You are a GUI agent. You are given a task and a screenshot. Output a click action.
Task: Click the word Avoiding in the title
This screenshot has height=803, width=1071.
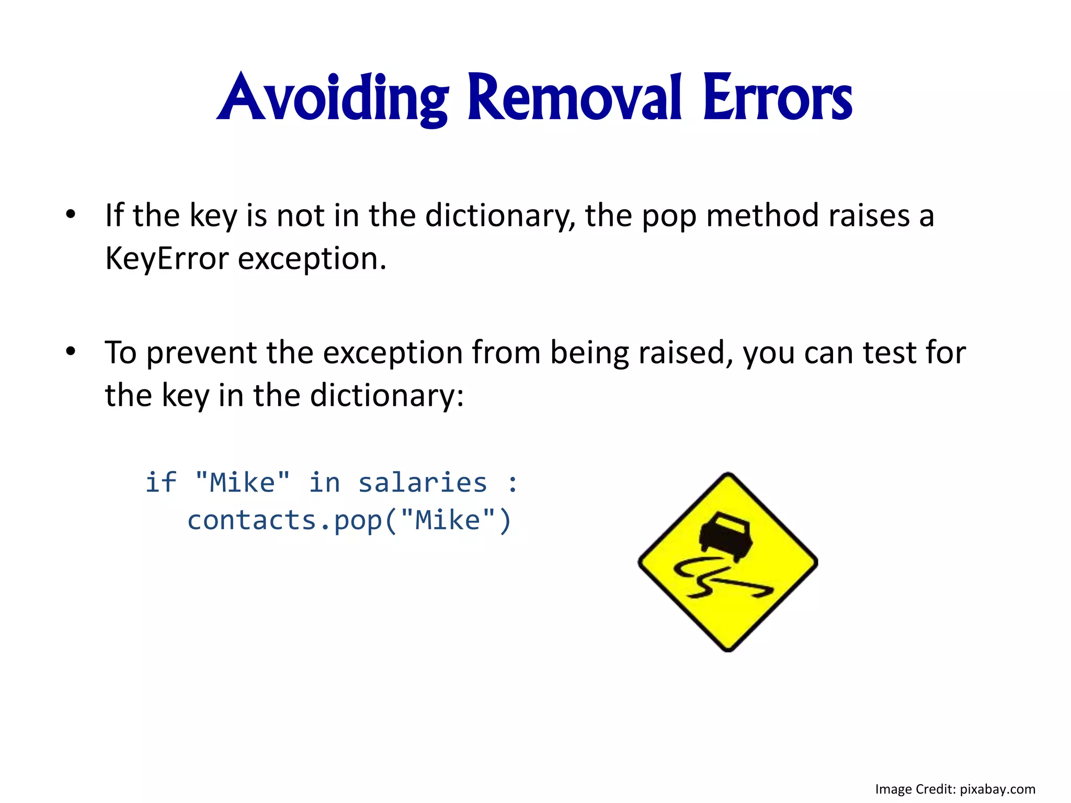coord(333,98)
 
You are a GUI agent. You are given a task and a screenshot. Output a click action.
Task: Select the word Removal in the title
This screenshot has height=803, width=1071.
coord(574,98)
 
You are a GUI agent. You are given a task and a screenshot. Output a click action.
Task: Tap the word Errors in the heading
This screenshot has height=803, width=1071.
coord(778,98)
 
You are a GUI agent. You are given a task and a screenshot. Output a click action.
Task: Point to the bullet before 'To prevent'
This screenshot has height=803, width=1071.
coord(71,351)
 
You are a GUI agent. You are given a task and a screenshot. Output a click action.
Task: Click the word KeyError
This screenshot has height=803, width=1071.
coord(167,258)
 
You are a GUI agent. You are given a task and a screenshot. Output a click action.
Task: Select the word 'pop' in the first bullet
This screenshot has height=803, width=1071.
coord(669,216)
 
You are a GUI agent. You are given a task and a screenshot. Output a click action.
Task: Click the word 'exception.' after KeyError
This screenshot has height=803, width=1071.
coord(312,259)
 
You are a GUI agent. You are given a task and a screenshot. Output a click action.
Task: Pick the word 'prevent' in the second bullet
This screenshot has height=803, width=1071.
coord(201,353)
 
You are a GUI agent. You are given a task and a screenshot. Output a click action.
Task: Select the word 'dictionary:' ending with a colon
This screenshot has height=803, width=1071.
coord(386,396)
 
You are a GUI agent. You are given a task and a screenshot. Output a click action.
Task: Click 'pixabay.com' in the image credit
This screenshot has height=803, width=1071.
coord(997,789)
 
